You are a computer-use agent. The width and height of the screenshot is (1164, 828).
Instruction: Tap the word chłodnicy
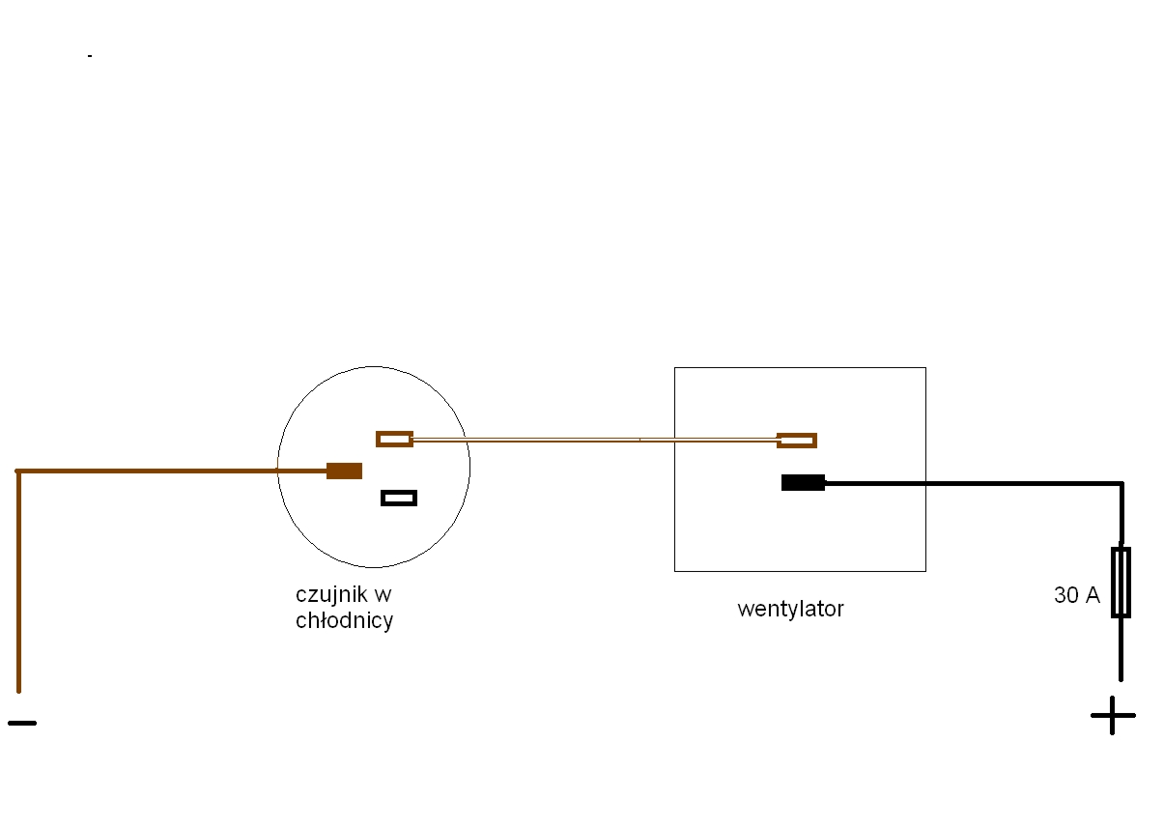click(344, 621)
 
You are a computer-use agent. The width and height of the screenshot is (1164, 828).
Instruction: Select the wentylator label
click(790, 610)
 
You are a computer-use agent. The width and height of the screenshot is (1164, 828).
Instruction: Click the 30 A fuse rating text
click(1077, 595)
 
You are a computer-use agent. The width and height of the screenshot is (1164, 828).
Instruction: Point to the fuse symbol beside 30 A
click(1121, 583)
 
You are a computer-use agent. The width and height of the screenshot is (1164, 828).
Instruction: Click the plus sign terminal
click(1113, 716)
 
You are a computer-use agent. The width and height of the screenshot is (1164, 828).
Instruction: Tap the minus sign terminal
click(22, 723)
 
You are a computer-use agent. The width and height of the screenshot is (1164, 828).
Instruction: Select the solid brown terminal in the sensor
click(344, 471)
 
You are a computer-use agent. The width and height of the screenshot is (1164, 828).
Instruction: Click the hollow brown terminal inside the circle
click(394, 440)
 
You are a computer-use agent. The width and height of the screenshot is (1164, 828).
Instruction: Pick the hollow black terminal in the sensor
click(399, 498)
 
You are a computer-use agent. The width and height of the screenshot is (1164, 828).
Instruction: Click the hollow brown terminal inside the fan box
click(797, 441)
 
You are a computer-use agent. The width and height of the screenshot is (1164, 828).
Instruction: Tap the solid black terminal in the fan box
click(803, 482)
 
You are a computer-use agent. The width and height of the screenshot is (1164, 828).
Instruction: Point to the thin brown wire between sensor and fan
click(595, 440)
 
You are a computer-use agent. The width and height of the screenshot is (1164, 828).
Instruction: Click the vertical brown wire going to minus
click(18, 582)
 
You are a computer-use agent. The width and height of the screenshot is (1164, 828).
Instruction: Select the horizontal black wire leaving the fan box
click(973, 483)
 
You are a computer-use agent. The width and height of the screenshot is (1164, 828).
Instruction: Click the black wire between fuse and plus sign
click(1121, 649)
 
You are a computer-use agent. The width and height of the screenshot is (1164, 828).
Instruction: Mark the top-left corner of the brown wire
click(18, 471)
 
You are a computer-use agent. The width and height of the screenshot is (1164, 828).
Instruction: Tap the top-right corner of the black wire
click(1121, 484)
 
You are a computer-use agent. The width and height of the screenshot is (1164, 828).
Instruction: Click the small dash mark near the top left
click(90, 56)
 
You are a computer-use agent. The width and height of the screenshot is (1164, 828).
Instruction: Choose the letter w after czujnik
click(383, 595)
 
